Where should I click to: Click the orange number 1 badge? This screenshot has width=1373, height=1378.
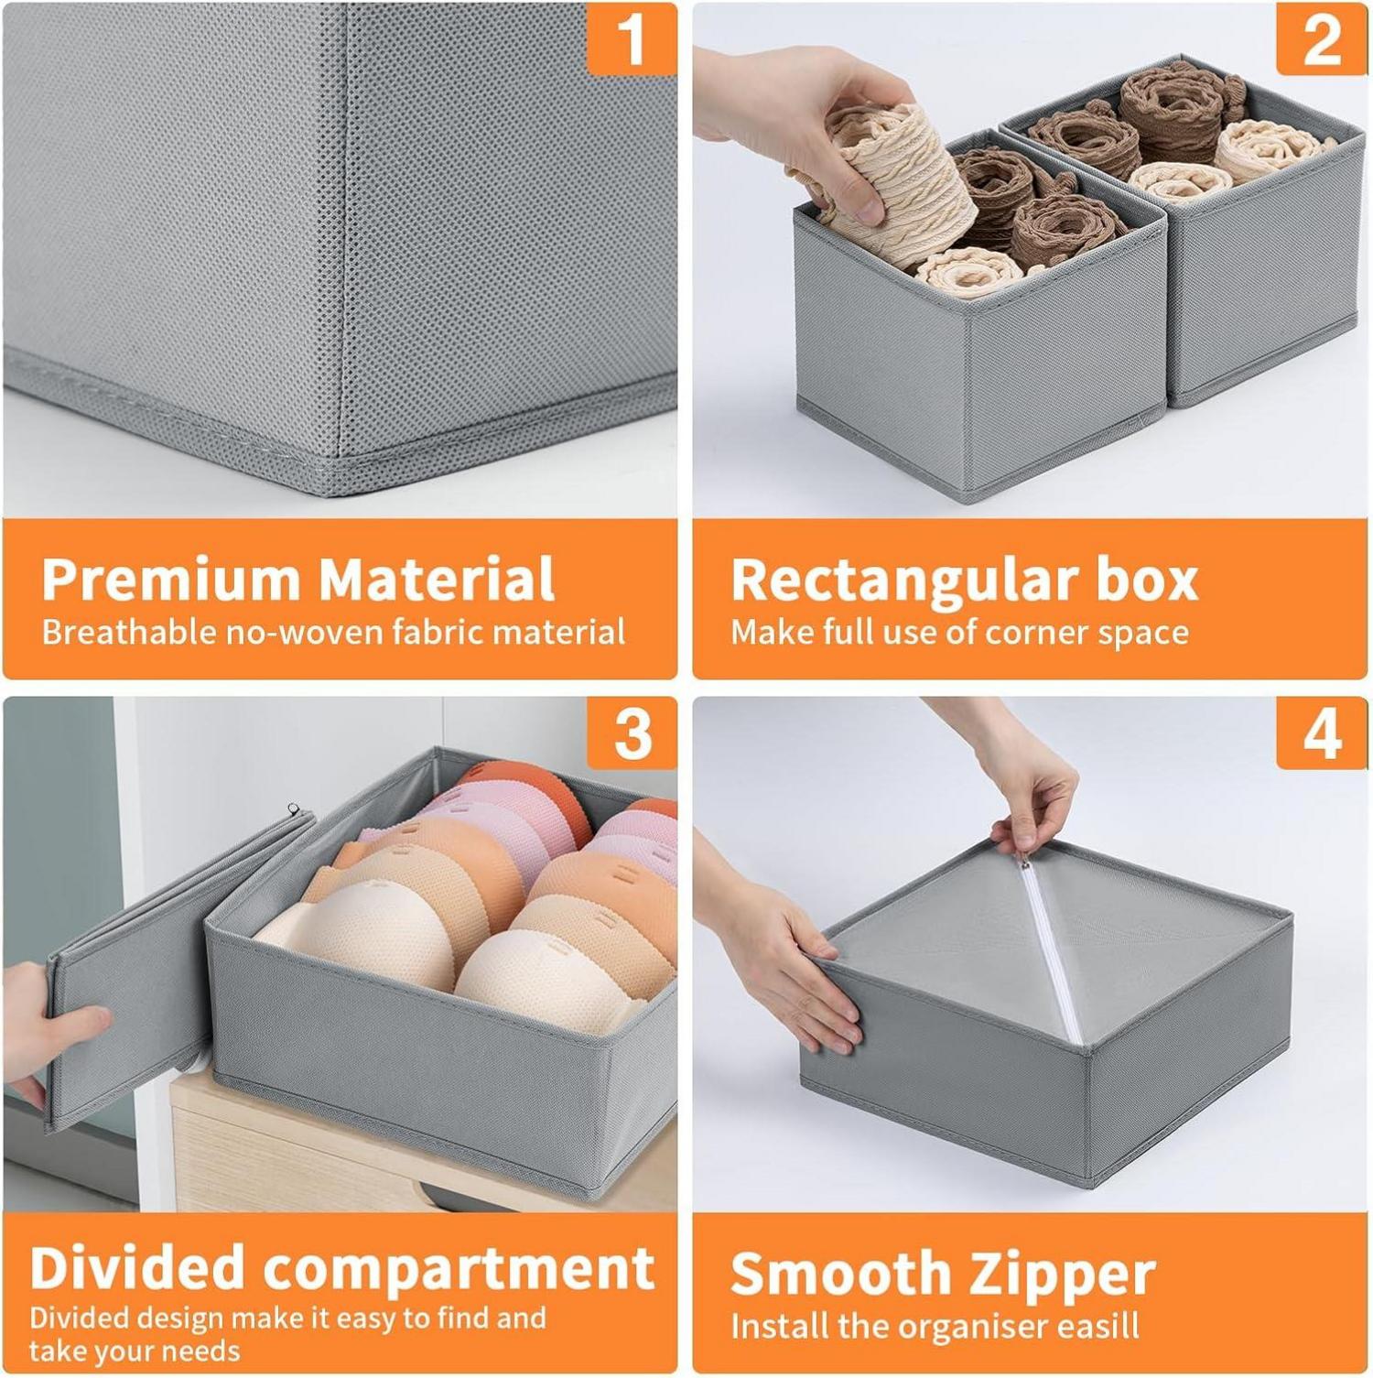pos(632,38)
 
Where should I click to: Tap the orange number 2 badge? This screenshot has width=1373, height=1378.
pos(1322,38)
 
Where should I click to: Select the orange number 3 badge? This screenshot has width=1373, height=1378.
pos(632,733)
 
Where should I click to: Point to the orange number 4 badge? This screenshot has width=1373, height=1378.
pos(1322,733)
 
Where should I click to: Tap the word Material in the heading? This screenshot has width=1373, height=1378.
pos(437,579)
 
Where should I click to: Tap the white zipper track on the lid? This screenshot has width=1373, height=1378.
pos(1053,952)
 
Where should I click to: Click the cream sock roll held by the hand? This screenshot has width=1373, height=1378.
pos(902,174)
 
